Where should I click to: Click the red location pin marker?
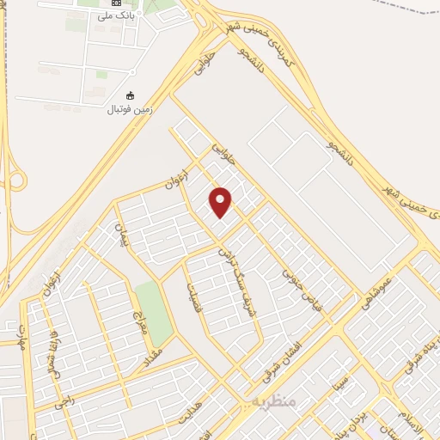(222, 201)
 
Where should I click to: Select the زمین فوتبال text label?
(129, 109)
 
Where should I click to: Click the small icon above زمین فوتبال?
(131, 95)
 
